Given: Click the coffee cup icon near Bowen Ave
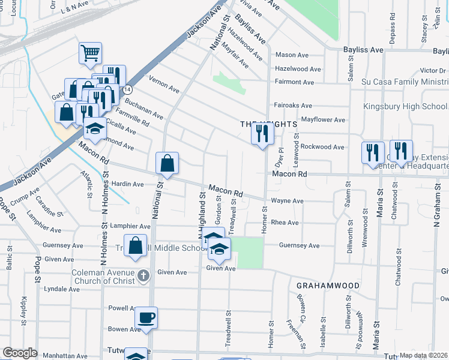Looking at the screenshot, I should [146, 317].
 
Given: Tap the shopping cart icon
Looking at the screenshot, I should [90, 52].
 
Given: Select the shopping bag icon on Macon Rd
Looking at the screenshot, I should [167, 163].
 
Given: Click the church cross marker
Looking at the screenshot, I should [142, 275].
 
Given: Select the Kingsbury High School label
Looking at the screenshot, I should [405, 106].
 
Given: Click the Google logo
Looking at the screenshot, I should [20, 353].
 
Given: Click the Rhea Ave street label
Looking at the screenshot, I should [285, 223].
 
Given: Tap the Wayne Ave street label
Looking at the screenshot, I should [287, 201].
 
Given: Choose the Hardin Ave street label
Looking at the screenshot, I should [127, 184].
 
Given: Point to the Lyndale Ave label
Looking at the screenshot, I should [61, 289].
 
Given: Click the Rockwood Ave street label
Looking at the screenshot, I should [322, 147].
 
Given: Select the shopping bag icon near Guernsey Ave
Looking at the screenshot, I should [136, 246].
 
